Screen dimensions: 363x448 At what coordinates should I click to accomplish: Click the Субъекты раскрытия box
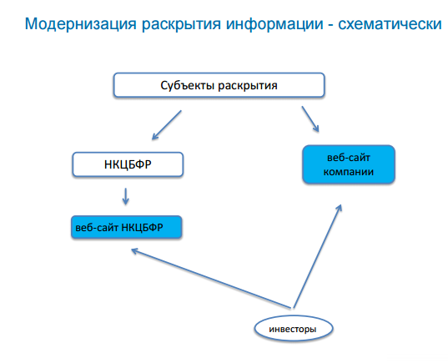[x=219, y=85]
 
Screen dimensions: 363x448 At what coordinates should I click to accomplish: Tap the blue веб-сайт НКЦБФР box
[x=125, y=226]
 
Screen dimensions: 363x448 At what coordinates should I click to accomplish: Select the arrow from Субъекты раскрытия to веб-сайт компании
[x=309, y=117]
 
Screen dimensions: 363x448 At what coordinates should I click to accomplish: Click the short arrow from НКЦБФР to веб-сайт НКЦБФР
[x=125, y=195]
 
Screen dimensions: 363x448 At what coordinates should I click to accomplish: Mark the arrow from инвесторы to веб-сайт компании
[x=317, y=254]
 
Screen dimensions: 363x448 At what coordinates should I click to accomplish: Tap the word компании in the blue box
[x=348, y=172]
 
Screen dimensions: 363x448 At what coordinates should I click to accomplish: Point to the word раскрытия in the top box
[x=247, y=85]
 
